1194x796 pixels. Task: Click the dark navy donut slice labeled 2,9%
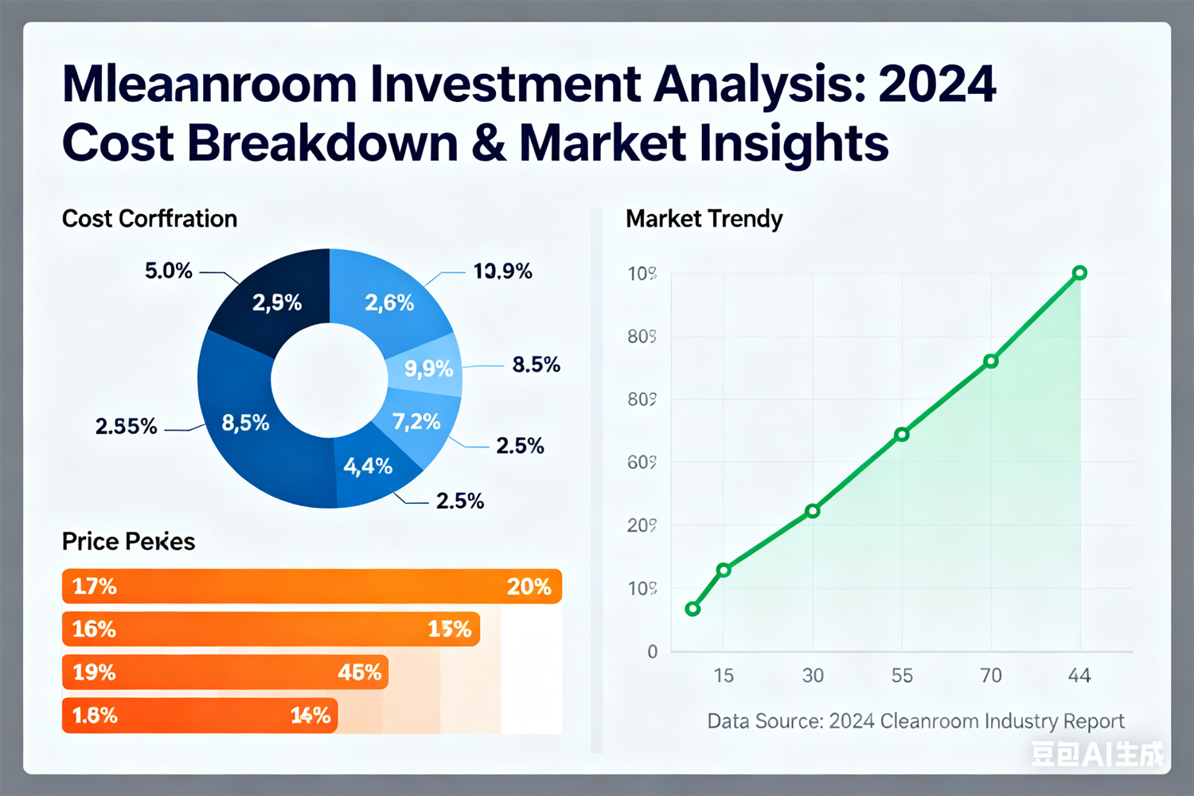click(276, 302)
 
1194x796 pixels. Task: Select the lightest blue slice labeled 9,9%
click(428, 369)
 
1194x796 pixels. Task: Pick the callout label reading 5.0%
click(168, 271)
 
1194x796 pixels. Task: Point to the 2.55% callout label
click(126, 427)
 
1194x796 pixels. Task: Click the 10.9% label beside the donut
click(502, 271)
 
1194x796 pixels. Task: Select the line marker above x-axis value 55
click(901, 435)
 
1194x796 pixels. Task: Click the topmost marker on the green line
click(1079, 273)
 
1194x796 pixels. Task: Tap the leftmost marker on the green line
click(693, 609)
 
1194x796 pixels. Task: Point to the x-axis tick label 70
click(990, 676)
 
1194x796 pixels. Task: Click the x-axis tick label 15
click(724, 676)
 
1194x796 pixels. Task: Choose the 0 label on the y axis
click(653, 652)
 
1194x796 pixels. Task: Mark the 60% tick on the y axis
click(642, 462)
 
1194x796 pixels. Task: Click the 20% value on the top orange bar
click(529, 587)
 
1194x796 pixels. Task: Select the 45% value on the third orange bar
click(359, 673)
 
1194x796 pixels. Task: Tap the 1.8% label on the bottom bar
click(95, 716)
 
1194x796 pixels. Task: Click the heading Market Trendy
click(704, 219)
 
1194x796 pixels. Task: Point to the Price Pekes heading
click(128, 541)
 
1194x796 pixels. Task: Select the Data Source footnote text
click(915, 721)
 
